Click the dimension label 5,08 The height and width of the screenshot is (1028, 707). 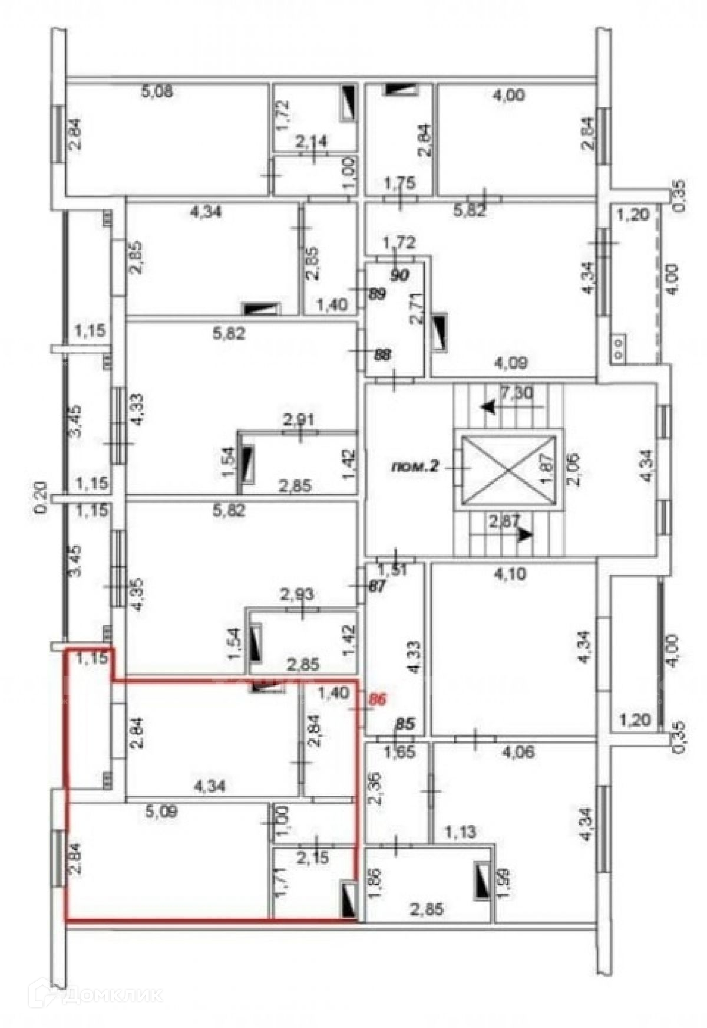(159, 93)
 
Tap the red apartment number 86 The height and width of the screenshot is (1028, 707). (376, 700)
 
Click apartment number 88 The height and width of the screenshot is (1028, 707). (383, 356)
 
